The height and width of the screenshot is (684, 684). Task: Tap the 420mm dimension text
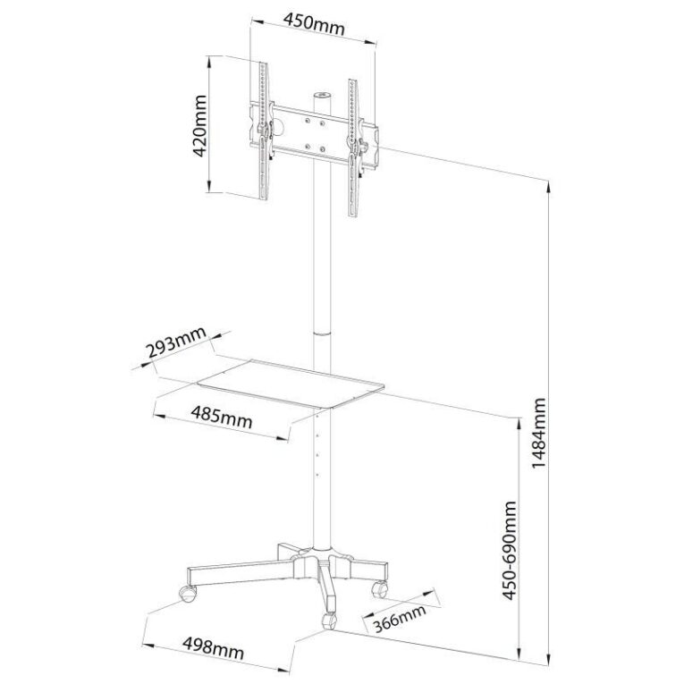[199, 126]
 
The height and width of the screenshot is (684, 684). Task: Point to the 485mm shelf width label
[222, 417]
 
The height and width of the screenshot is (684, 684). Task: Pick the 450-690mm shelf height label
[509, 551]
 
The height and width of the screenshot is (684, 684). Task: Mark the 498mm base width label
[213, 648]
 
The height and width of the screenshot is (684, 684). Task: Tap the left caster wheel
[188, 594]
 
